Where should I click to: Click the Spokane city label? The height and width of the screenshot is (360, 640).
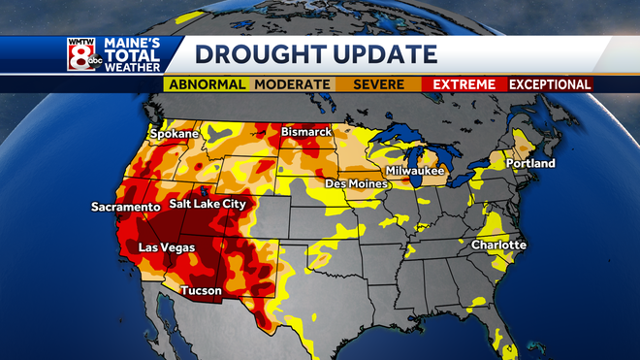[174, 133]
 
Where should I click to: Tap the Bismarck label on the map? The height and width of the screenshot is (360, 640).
[306, 131]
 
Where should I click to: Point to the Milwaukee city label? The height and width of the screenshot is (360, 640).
[414, 170]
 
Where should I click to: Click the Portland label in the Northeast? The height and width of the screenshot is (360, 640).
[530, 163]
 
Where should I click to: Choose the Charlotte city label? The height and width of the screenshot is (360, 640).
[498, 245]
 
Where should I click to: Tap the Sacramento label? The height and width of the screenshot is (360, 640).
[125, 207]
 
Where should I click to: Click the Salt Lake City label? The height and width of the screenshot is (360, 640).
[207, 205]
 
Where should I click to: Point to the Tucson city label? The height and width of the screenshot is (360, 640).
[202, 290]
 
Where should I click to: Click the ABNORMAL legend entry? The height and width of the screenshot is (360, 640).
[207, 84]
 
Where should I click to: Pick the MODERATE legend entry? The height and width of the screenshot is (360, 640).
[291, 84]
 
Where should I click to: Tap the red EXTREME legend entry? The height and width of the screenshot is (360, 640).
[465, 84]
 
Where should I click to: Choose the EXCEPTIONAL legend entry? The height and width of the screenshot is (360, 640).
[550, 84]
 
